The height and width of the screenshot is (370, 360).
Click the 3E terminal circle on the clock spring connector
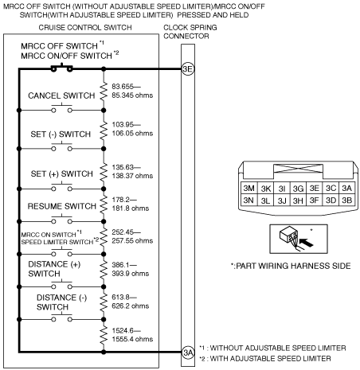click(x=188, y=69)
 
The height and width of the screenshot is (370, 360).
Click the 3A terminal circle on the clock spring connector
click(x=188, y=352)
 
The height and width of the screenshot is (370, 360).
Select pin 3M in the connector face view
click(x=248, y=188)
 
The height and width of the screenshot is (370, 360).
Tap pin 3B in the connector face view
click(x=346, y=200)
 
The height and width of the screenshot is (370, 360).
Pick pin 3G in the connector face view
click(x=298, y=188)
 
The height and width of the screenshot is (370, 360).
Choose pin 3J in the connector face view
click(x=282, y=201)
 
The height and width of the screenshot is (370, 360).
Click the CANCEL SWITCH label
click(x=61, y=95)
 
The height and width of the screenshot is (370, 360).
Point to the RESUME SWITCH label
click(x=61, y=206)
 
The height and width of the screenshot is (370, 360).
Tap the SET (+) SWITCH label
click(x=61, y=173)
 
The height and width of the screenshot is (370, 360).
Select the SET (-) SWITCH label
click(x=61, y=134)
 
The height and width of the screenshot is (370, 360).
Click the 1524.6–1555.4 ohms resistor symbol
click(x=104, y=335)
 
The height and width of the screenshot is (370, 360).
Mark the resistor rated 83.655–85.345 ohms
click(x=104, y=91)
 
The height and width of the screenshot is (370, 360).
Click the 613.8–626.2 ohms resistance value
click(x=130, y=302)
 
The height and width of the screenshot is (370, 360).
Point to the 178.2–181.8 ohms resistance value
click(x=130, y=204)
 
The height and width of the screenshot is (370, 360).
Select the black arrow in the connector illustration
click(x=306, y=243)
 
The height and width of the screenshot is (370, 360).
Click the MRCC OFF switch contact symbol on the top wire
click(x=62, y=68)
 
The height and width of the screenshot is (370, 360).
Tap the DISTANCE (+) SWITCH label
click(x=54, y=269)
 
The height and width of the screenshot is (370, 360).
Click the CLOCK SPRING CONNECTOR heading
click(x=190, y=32)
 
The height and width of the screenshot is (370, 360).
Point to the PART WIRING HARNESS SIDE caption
click(x=291, y=266)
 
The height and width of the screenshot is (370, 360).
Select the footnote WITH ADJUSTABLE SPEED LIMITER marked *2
click(x=265, y=359)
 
